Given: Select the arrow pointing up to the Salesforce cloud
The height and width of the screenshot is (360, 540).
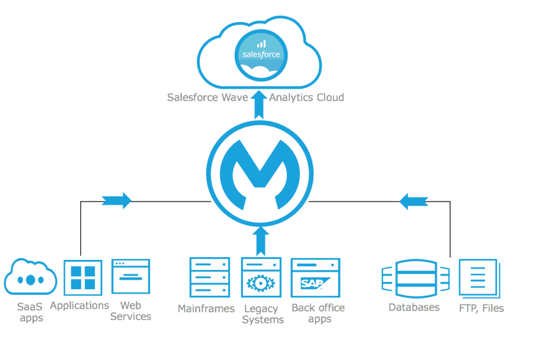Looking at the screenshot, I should point(258,104).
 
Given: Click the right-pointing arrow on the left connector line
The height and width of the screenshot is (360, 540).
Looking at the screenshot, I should point(116,200).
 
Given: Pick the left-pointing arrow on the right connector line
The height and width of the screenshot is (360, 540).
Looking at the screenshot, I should point(413,201).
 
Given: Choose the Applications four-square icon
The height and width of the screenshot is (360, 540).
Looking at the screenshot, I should point(83,278).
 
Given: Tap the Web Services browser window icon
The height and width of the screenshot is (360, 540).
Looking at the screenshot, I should point(131,276).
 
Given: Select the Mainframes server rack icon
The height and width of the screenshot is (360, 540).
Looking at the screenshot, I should point(209,277).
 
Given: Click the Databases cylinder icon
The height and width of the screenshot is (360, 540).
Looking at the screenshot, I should point(415,278).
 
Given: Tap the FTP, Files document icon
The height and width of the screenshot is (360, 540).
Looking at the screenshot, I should point(478,278).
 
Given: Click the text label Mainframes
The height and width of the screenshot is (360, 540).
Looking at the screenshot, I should point(206,308).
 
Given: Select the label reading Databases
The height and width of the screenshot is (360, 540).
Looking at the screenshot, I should point(414,307).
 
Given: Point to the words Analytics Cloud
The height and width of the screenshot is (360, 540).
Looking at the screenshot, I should point(306,98).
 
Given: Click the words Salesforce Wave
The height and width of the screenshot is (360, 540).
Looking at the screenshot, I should point(207,98).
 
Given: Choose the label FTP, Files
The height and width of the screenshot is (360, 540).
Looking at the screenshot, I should point(481,308).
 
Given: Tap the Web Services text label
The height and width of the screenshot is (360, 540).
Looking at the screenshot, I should point(131,311).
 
